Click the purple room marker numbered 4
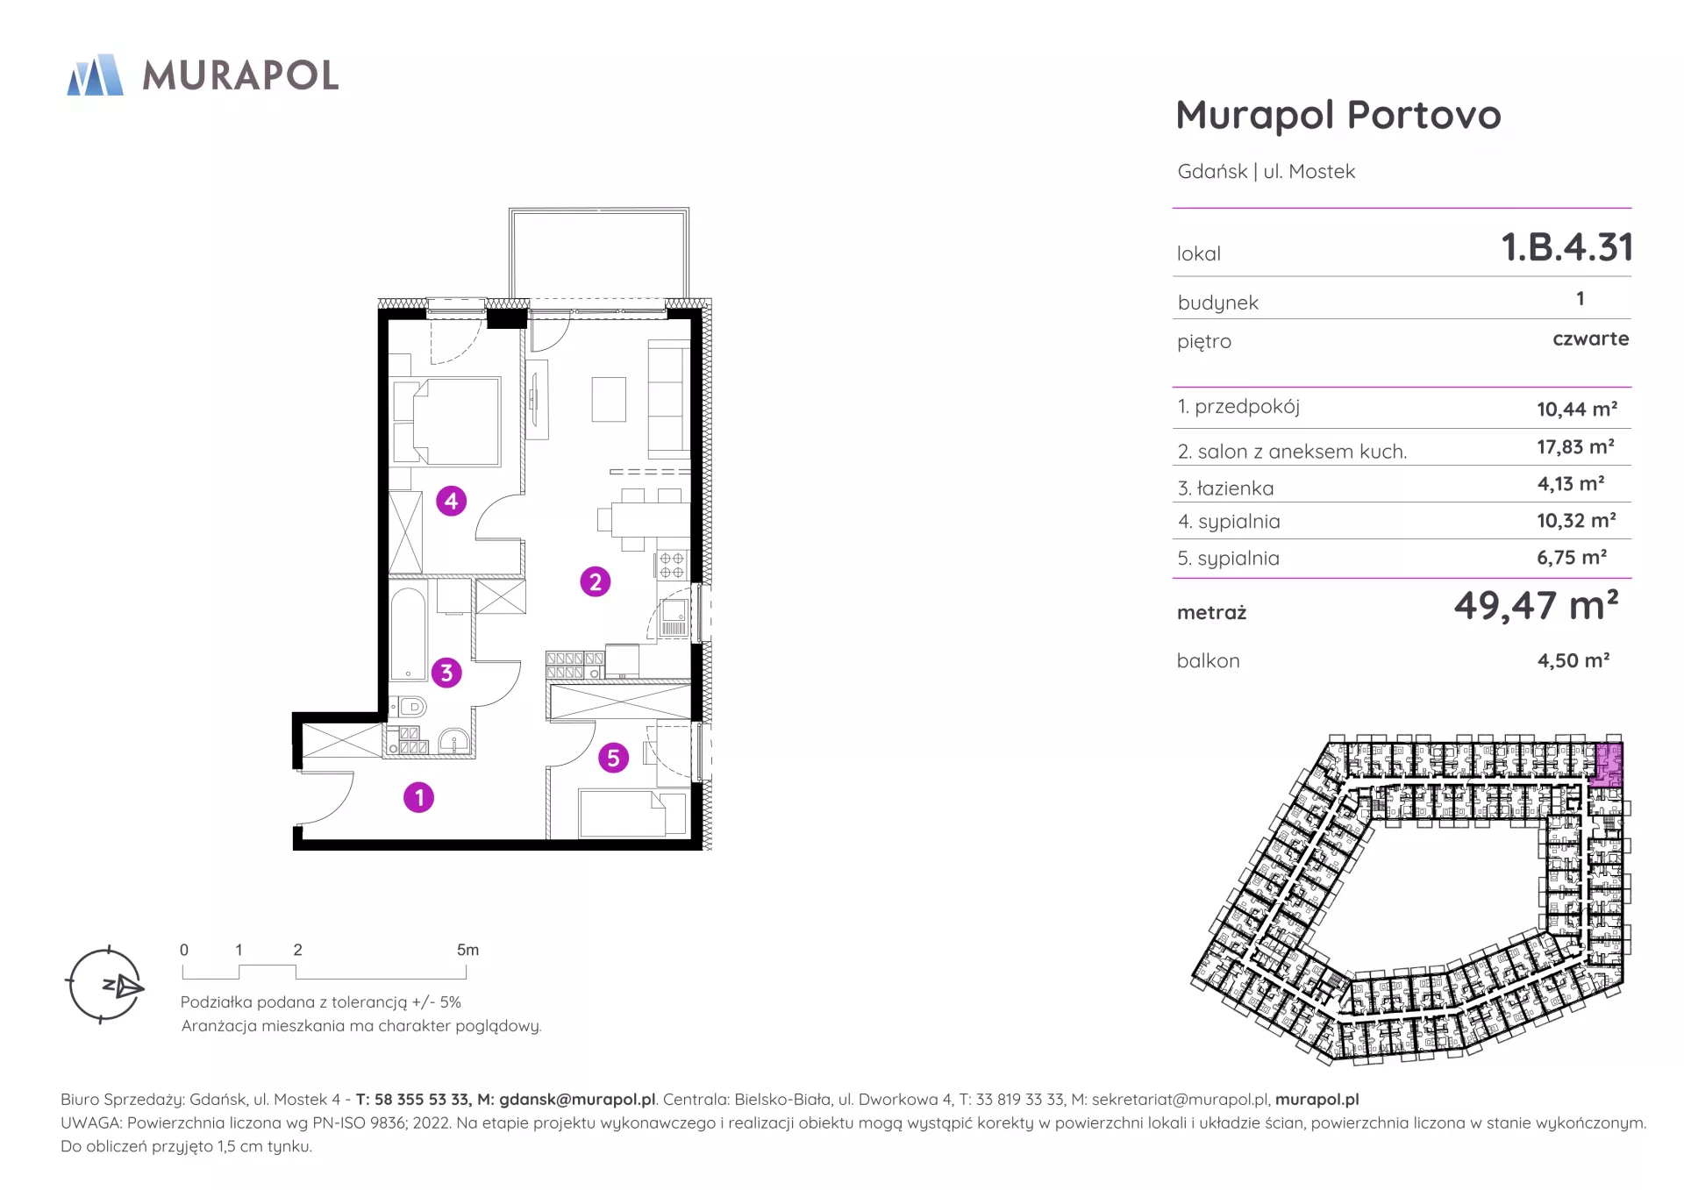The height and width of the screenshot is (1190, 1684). point(451,501)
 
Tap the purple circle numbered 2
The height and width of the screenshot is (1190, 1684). point(596,581)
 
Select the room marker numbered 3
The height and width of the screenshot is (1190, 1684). point(446,673)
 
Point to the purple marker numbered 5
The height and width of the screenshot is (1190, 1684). point(613,758)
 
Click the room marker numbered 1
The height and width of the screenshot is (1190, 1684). point(418,797)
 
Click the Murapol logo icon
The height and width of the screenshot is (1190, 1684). point(96,75)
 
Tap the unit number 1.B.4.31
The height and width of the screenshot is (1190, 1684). point(1566,247)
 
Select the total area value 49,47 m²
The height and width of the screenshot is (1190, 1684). point(1536,605)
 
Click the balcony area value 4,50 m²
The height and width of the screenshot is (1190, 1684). point(1573,660)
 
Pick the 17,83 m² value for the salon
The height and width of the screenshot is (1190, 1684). point(1575,447)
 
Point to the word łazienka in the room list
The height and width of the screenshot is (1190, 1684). point(1235,488)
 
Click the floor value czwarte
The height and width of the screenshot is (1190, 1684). point(1590,338)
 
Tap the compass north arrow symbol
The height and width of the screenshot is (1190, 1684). point(124,986)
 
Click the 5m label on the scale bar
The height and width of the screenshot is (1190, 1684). point(467,950)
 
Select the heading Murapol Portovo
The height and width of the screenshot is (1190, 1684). point(1338,115)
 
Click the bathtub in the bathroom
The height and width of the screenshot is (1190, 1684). point(408,634)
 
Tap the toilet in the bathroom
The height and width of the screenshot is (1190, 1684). point(408,706)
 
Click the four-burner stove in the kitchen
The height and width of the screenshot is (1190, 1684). point(672,565)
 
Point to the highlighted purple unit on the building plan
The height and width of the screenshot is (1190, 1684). point(1609,764)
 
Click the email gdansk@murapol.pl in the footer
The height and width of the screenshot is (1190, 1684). point(577,1100)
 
